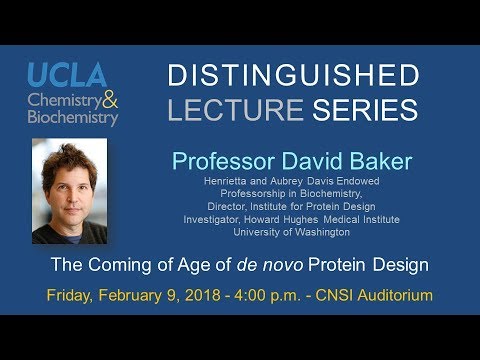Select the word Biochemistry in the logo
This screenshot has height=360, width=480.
[x=73, y=117]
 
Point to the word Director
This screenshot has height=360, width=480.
[x=222, y=206]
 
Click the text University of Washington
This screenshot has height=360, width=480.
[x=290, y=232]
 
